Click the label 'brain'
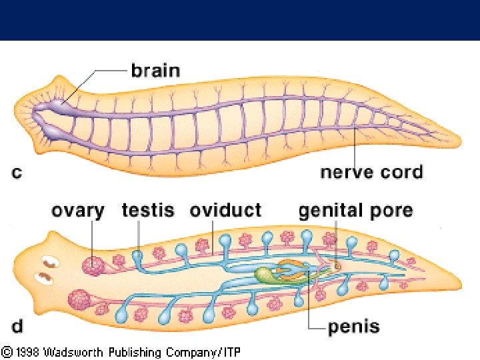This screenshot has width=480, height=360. click(155, 70)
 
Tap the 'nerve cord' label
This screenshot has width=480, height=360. click(371, 172)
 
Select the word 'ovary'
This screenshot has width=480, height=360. click(78, 211)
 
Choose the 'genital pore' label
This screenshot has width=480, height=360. click(355, 211)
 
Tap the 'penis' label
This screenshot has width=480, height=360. click(353, 327)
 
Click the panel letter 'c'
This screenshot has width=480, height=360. click(17, 173)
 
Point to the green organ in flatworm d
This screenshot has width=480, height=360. click(266, 275)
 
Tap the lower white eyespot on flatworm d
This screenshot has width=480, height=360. click(46, 275)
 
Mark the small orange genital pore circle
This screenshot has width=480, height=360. click(337, 266)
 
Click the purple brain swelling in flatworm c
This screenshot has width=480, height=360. click(59, 104)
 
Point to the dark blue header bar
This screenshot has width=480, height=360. click(240, 20)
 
